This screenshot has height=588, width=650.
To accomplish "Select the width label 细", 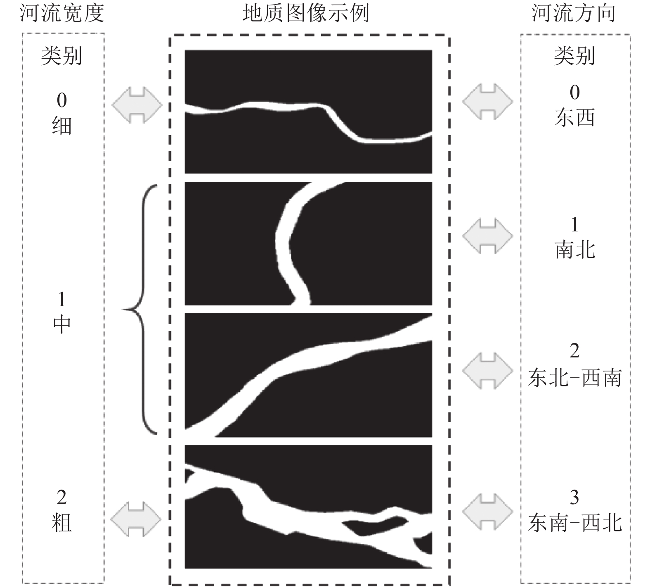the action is pos(62,126).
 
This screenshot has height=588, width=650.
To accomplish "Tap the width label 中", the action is pos(62,324).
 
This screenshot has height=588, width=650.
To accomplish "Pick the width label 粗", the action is pos(62,523).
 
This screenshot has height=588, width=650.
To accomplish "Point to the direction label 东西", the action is pos(575,118).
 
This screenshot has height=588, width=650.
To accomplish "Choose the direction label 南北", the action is pos(575,250).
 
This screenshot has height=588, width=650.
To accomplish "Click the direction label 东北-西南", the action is pos(575,378).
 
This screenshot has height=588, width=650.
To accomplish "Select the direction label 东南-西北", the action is pos(575,523).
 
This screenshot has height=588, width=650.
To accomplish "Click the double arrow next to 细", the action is pos(137,105).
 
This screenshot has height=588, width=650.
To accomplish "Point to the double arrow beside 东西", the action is pos(488,101).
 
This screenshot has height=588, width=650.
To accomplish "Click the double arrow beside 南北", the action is pos(488,236).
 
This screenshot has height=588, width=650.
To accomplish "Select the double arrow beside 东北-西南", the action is pos(488,371).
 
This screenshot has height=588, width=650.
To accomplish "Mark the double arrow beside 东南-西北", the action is pos(488,512).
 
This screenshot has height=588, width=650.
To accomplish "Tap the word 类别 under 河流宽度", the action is pos(62,55).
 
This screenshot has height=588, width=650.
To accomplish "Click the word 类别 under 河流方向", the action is pos(575,55).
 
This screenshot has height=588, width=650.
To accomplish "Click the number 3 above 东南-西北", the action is pos(574,498).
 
